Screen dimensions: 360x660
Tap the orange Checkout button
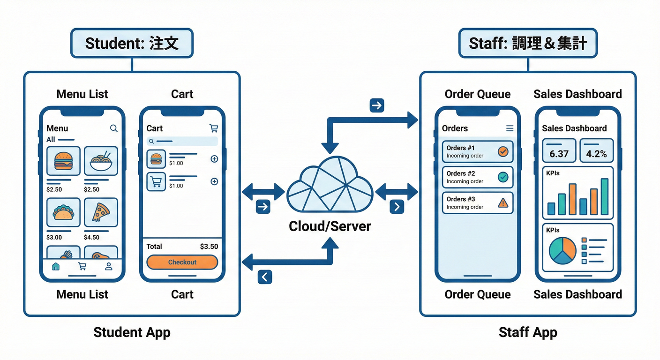[182, 262]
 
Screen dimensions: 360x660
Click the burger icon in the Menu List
[63, 161]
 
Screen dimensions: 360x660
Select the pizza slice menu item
[101, 212]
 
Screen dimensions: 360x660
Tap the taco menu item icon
[63, 212]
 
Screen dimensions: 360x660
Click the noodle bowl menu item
[101, 161]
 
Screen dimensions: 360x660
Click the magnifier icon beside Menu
[113, 128]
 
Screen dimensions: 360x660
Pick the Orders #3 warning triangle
[503, 202]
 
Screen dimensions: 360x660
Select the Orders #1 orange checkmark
[503, 151]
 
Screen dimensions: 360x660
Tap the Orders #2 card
[477, 177]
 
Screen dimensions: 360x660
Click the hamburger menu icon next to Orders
[510, 128]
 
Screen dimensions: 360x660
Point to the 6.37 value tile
[559, 150]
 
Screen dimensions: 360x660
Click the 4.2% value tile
[596, 150]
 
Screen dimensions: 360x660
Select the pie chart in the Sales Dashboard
[562, 249]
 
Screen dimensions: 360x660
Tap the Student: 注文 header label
[132, 43]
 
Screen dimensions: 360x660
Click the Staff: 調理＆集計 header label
[528, 43]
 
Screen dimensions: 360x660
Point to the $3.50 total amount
[209, 247]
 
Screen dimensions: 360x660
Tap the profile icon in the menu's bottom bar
[109, 266]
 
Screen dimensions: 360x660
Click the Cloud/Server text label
[330, 226]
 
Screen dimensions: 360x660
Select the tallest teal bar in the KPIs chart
[604, 196]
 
